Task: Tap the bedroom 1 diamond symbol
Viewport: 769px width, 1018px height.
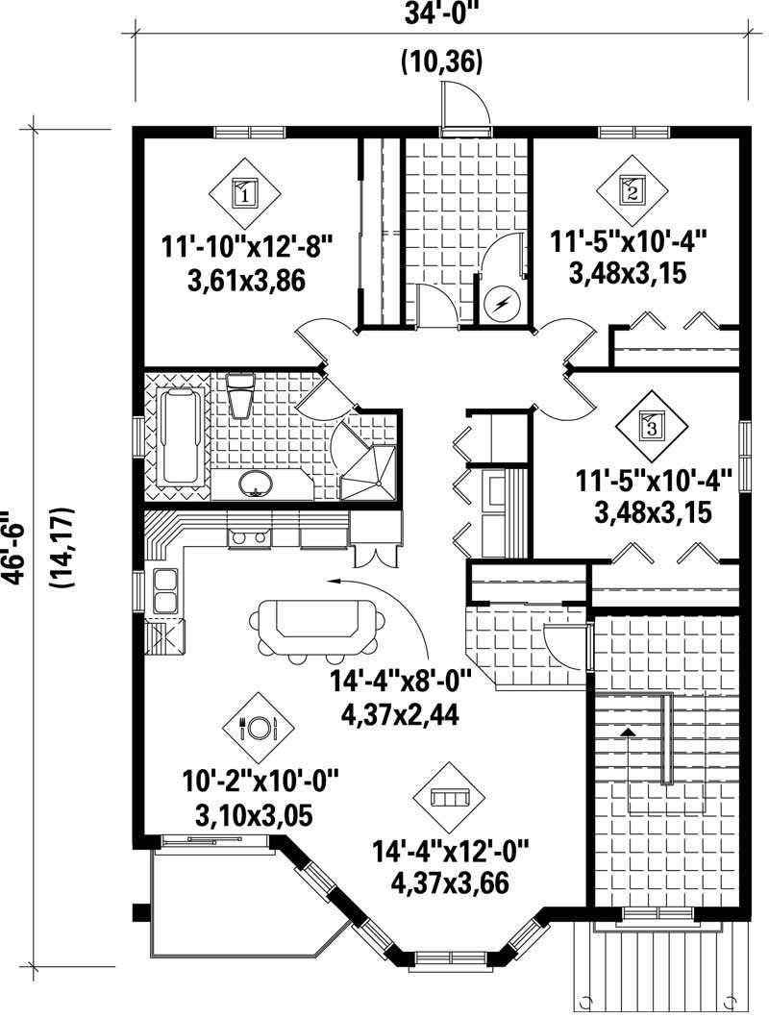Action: (x=244, y=194)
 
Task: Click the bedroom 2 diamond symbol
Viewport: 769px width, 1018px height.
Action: (x=632, y=188)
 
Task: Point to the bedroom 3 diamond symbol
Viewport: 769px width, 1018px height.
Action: (x=653, y=425)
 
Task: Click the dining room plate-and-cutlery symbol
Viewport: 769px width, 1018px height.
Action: (x=258, y=728)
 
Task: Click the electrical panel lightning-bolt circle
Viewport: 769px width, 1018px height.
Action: (x=503, y=305)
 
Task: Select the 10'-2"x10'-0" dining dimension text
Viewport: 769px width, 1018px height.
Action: (x=261, y=780)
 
